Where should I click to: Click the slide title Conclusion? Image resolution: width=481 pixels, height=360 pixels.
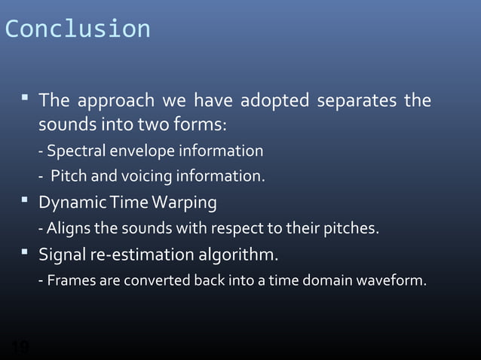[x=78, y=29]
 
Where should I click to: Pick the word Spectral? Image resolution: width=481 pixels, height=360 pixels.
[x=74, y=151]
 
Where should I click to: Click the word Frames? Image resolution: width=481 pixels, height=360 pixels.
[x=70, y=282]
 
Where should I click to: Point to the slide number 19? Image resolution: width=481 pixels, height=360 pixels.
[x=20, y=348]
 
